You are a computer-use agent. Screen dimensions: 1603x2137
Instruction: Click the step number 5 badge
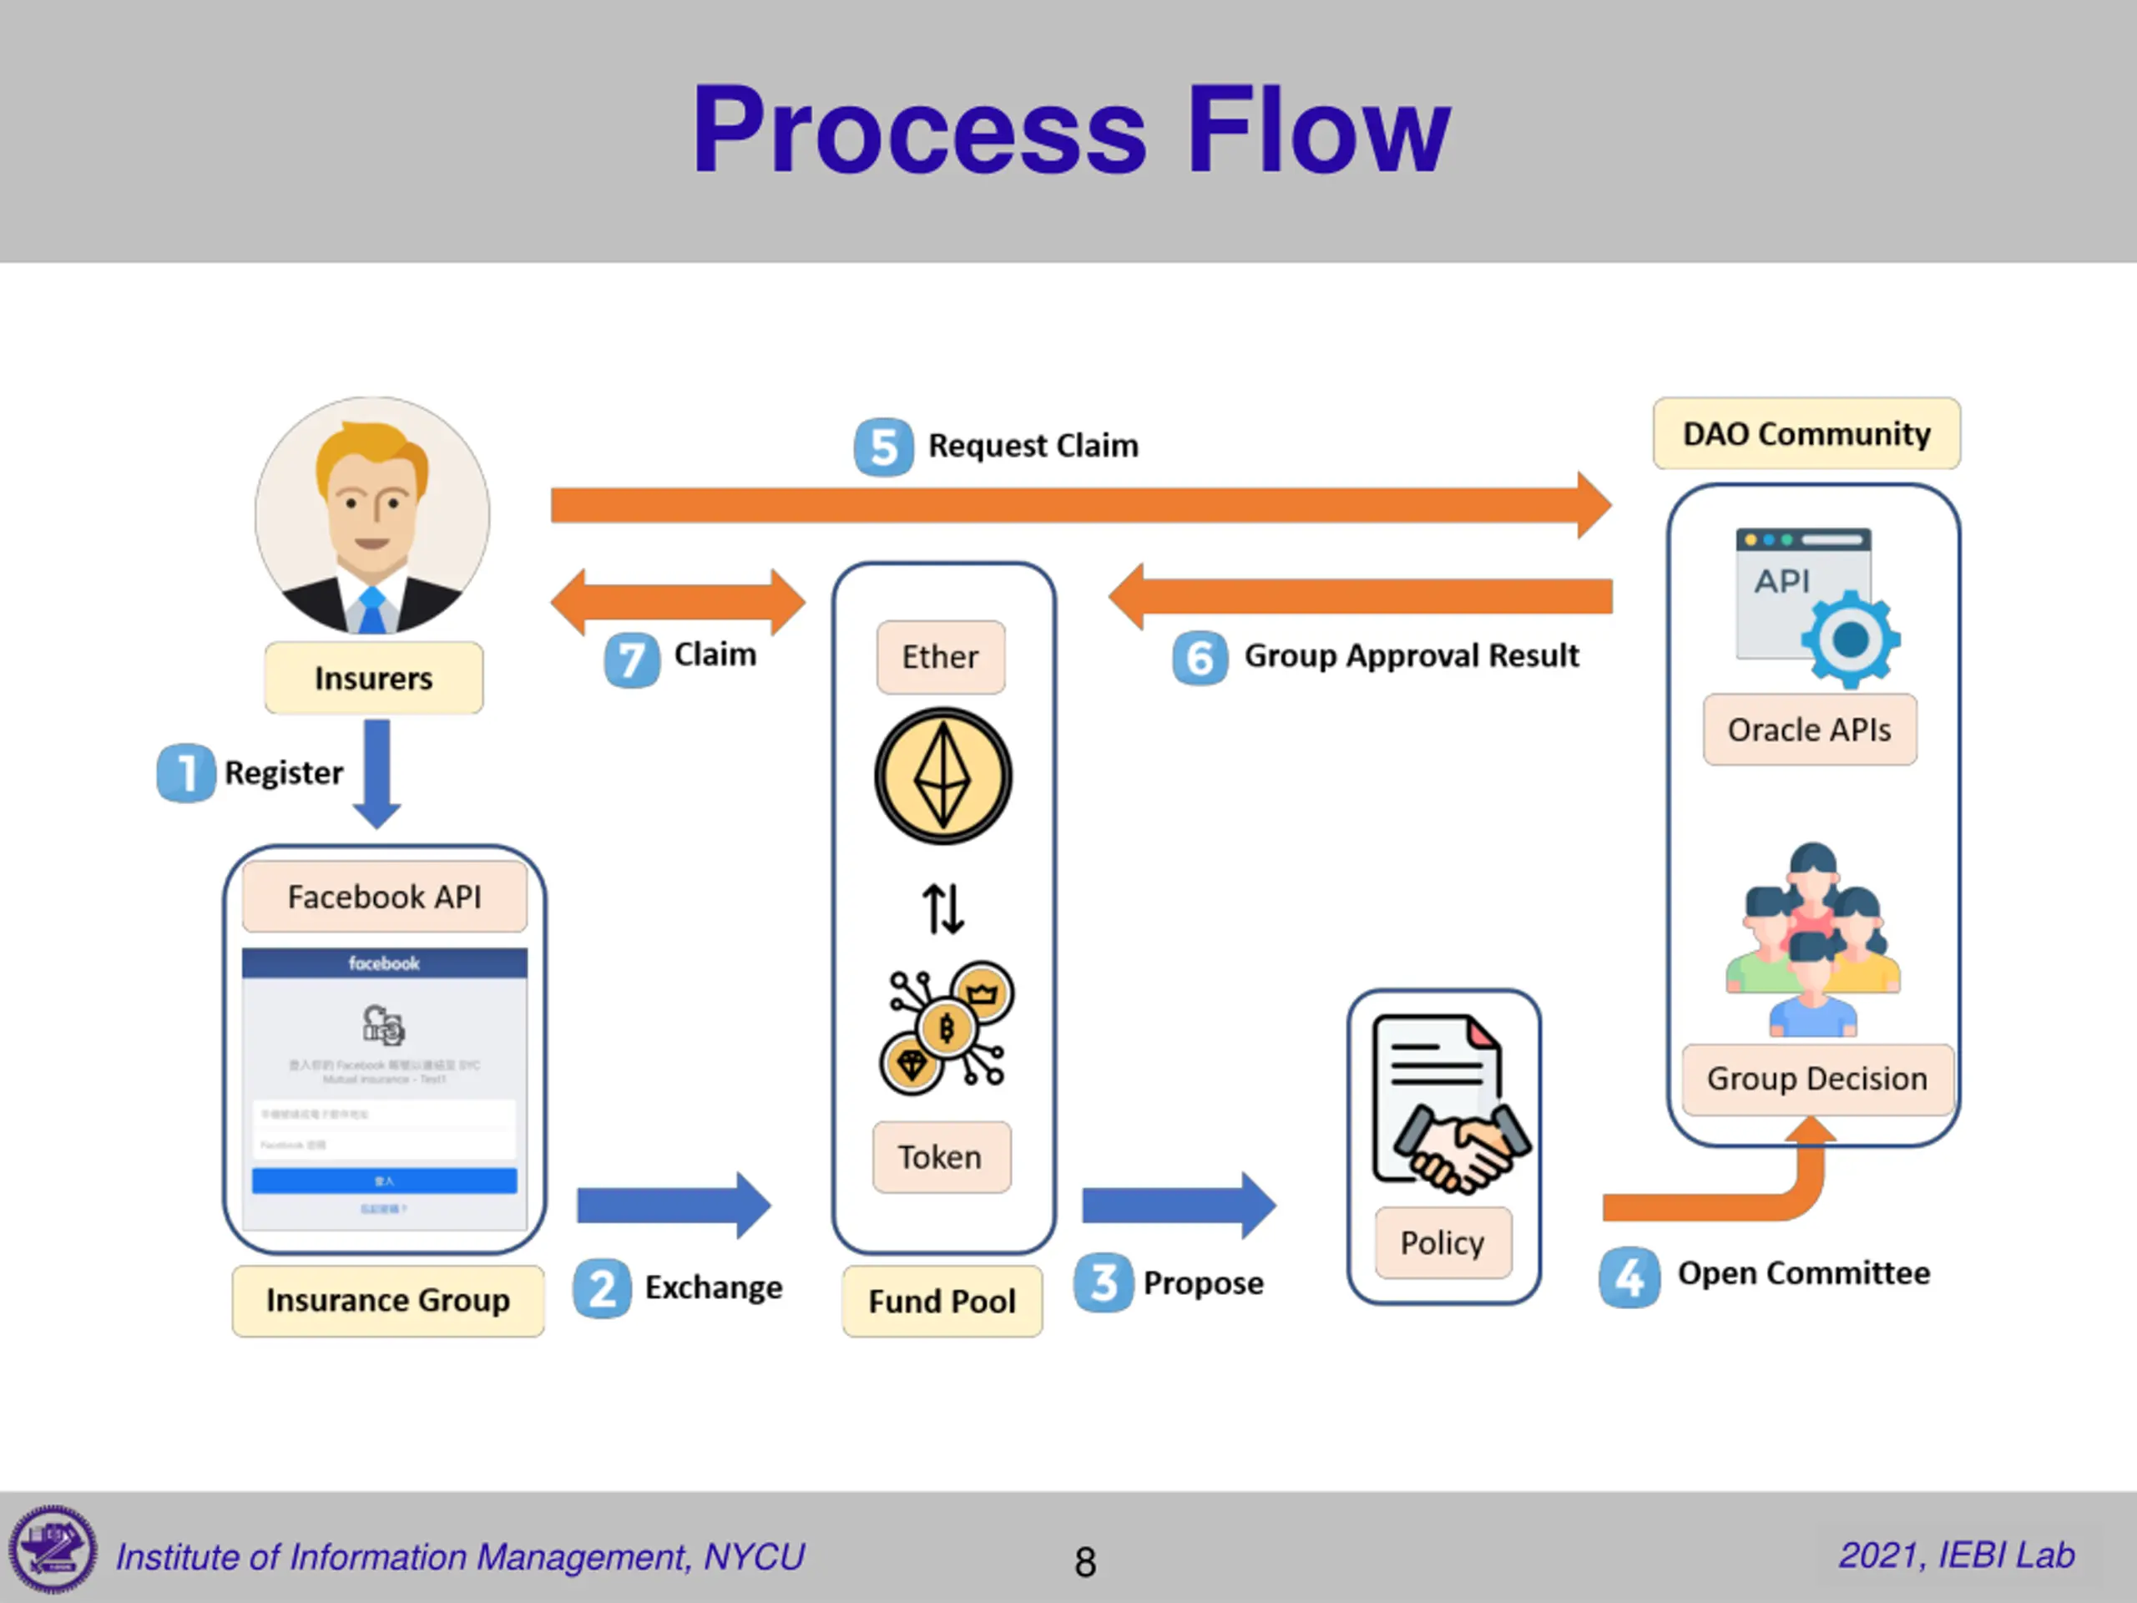coord(883,448)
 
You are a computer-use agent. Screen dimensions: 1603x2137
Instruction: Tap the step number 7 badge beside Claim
coord(632,660)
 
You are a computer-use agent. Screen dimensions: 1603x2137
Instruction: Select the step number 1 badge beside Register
coord(185,773)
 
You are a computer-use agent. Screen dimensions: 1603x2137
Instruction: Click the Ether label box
coord(940,657)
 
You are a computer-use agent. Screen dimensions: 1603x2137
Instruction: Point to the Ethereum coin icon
coord(943,776)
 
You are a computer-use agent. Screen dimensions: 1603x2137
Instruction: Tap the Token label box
coord(941,1156)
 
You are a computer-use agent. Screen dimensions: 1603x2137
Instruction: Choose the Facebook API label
coord(385,897)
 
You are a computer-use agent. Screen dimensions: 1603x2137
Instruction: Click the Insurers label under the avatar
coord(374,678)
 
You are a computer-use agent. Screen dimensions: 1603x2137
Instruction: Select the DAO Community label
coord(1806,434)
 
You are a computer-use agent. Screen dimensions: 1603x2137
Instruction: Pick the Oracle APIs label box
coord(1810,730)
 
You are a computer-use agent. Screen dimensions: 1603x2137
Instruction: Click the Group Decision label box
coord(1816,1079)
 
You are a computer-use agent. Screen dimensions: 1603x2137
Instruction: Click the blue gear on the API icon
coord(1850,639)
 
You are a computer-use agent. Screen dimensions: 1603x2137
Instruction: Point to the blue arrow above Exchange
coord(674,1205)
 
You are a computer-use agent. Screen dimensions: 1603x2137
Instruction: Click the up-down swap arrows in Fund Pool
coord(943,909)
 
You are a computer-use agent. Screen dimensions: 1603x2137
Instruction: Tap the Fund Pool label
coord(942,1302)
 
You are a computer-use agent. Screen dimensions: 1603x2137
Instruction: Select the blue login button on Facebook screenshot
coord(385,1181)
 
